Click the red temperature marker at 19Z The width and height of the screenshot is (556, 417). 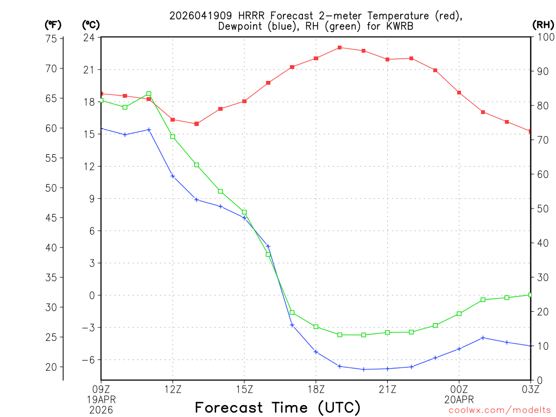[340, 48]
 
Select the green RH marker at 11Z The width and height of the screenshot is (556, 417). [149, 93]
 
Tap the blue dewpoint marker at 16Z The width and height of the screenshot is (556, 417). [268, 247]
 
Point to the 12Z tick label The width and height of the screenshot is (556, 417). [173, 388]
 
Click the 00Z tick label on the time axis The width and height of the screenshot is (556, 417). [459, 388]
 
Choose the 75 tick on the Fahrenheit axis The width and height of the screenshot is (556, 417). [52, 39]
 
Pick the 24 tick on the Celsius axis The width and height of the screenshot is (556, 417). [89, 37]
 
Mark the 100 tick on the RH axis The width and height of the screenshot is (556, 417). [544, 37]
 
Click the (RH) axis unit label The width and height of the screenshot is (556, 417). [542, 25]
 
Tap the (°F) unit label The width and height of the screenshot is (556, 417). [53, 25]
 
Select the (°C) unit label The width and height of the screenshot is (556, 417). [91, 25]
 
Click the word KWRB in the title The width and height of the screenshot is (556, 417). [399, 26]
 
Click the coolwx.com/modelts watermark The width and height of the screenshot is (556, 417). [500, 410]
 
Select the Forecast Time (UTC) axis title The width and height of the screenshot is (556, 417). [277, 407]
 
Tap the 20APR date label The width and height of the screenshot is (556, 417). [459, 399]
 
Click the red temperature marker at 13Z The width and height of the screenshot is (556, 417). [197, 124]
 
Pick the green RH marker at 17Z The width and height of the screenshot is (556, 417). [292, 312]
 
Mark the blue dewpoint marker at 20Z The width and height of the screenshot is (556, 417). [364, 369]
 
